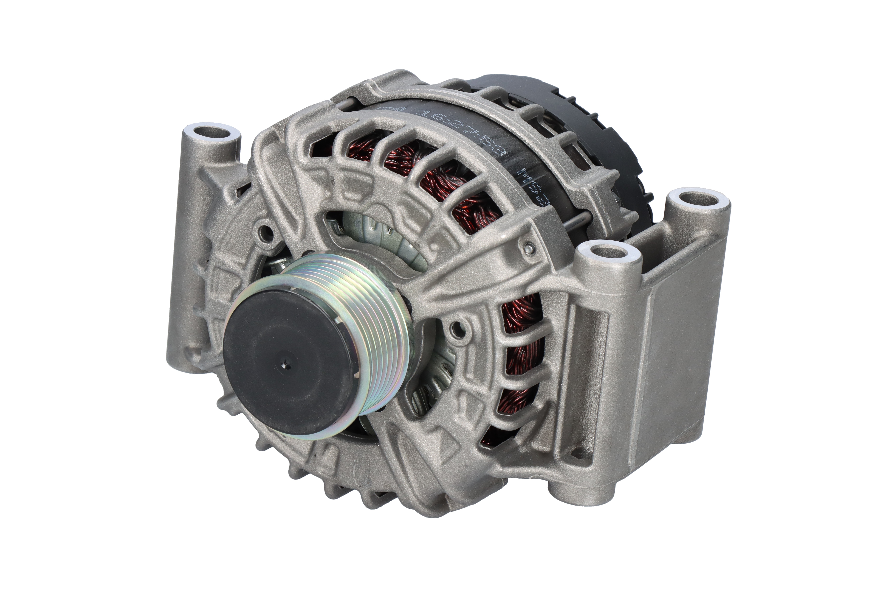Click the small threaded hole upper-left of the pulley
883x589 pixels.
tap(267, 232)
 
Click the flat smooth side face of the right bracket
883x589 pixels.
tap(676, 346)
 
